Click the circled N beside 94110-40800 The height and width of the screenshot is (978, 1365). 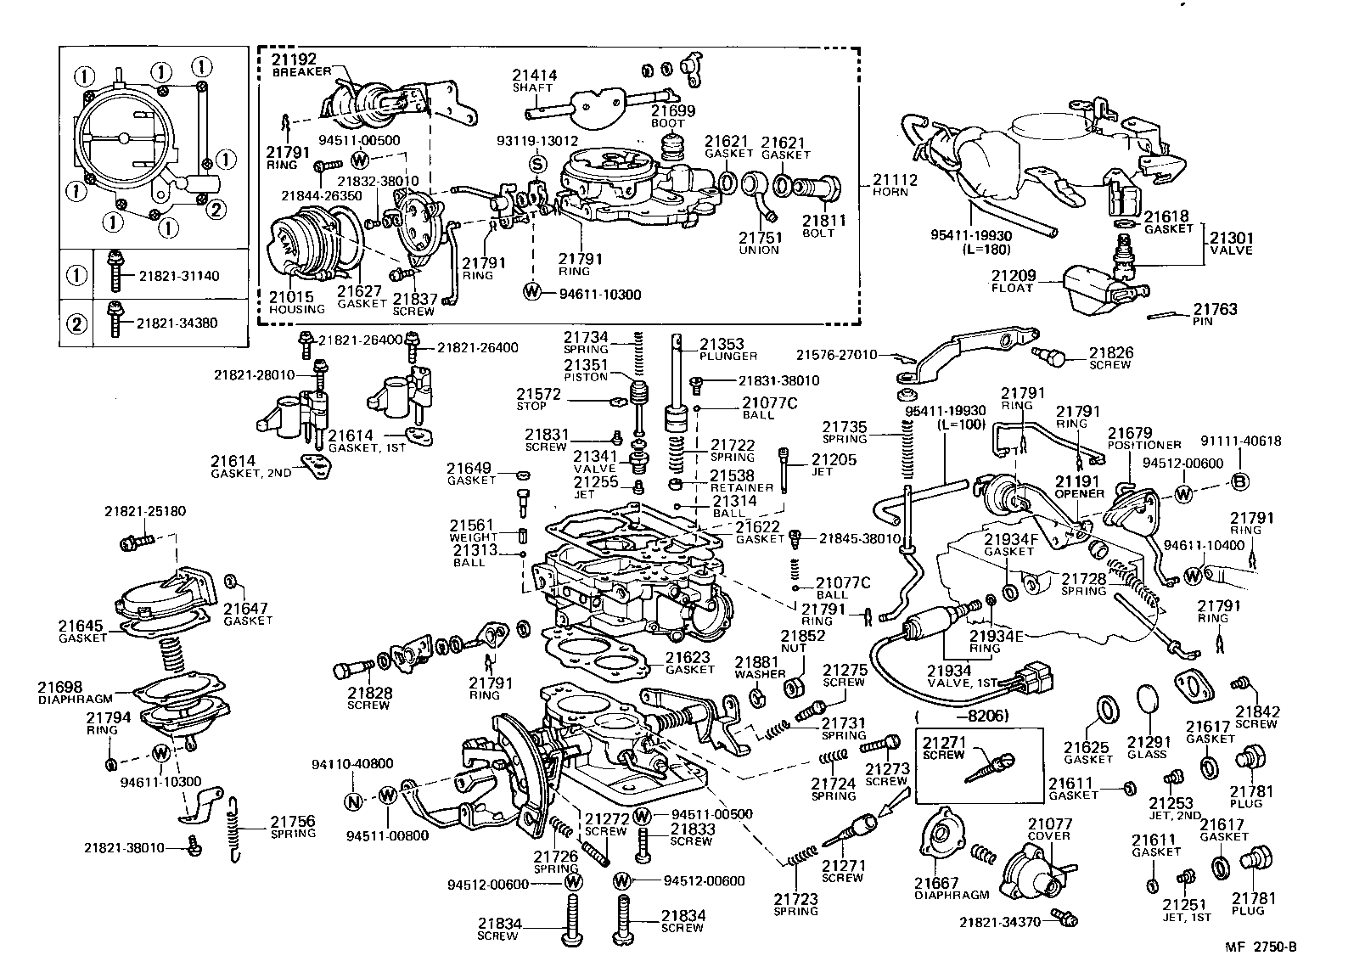pyautogui.click(x=355, y=800)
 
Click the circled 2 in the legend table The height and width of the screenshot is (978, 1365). pyautogui.click(x=76, y=323)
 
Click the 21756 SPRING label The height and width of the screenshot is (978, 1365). pyautogui.click(x=293, y=827)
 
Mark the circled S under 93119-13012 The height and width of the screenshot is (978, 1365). pyautogui.click(x=536, y=163)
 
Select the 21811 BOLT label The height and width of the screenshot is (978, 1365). pyautogui.click(x=823, y=227)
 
